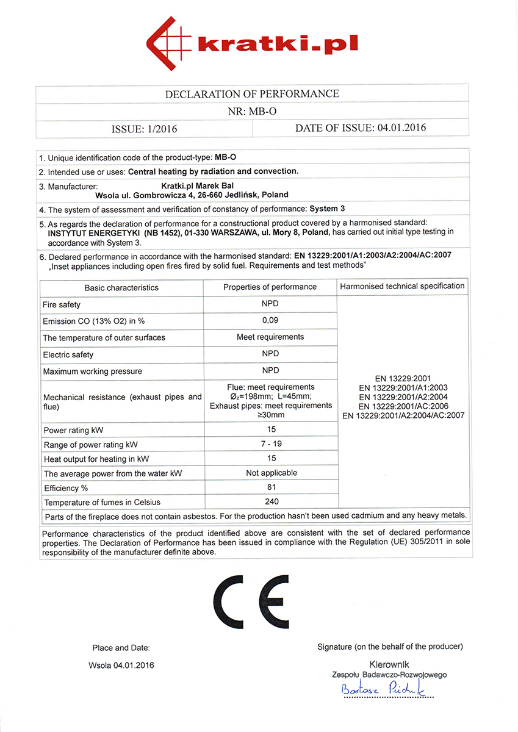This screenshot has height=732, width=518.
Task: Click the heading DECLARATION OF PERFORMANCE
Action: point(252,94)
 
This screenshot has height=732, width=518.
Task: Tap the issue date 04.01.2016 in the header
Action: point(401,128)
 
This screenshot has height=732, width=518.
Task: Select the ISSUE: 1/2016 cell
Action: point(145,129)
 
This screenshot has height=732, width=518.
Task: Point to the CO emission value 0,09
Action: point(270,321)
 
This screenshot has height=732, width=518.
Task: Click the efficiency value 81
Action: point(271,487)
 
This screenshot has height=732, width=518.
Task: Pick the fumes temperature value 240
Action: point(272,501)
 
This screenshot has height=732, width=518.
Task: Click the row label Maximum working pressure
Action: point(92,371)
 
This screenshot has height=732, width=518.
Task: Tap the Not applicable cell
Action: point(271,473)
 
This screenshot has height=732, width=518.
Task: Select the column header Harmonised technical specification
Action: point(402,286)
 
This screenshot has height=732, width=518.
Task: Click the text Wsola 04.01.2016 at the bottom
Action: point(121,665)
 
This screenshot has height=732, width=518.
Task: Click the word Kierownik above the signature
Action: point(389,664)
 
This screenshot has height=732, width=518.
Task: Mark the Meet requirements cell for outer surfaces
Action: point(270,337)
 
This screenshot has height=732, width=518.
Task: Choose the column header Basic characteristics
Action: point(121,287)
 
